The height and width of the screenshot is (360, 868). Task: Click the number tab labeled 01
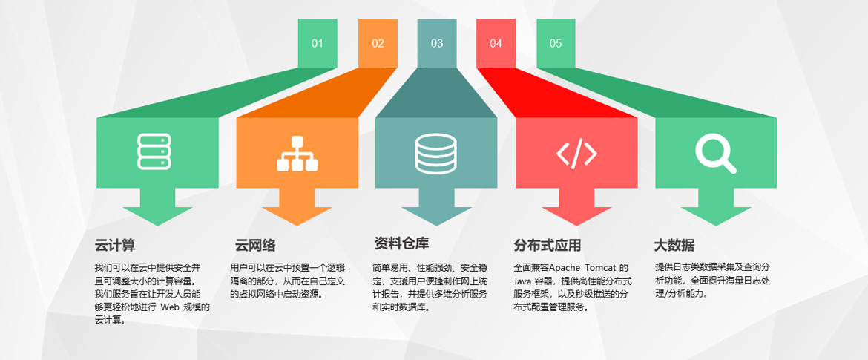coord(318,43)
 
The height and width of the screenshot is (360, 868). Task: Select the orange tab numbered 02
coord(378,43)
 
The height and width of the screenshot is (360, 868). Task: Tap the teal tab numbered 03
coord(437,43)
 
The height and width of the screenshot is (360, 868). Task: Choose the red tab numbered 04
coord(496,43)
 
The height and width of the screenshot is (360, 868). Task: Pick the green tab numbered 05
coord(556,43)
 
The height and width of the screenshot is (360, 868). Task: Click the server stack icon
coord(154,151)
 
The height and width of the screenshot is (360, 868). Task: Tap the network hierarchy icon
coord(296,154)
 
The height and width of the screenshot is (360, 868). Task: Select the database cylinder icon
coord(436,153)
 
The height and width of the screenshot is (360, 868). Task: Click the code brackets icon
coord(576,153)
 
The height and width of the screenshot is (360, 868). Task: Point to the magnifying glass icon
coord(715,154)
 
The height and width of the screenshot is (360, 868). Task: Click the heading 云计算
coord(115,245)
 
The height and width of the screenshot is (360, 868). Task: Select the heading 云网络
coord(255,246)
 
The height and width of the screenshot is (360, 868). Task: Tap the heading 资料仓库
coord(402,243)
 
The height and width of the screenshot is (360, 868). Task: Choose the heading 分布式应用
coord(548,246)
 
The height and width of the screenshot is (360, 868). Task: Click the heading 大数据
coord(674,246)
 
